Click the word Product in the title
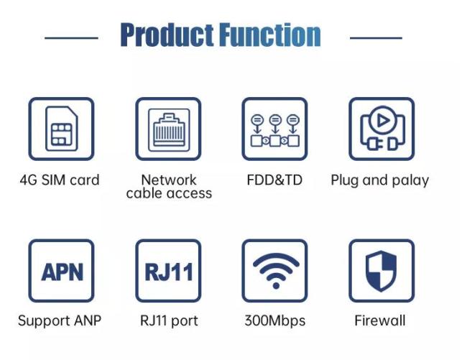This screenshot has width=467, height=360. pyautogui.click(x=167, y=35)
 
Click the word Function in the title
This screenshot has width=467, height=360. pyautogui.click(x=270, y=35)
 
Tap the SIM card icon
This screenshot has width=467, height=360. pyautogui.click(x=61, y=129)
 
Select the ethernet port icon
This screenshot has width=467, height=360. pyautogui.click(x=169, y=130)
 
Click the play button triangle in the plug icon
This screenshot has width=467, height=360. pyautogui.click(x=383, y=121)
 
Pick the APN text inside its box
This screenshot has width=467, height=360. pyautogui.click(x=62, y=272)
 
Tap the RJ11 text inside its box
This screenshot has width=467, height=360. pyautogui.click(x=169, y=272)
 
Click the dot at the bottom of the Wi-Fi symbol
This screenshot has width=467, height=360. pyautogui.click(x=276, y=286)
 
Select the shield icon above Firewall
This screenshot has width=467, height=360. pyautogui.click(x=382, y=271)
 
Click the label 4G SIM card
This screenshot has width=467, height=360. pyautogui.click(x=60, y=180)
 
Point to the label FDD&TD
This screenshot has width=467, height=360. pyautogui.click(x=274, y=180)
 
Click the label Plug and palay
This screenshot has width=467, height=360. pyautogui.click(x=380, y=180)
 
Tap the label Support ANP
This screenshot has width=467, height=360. pyautogui.click(x=60, y=321)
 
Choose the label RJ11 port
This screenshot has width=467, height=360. pyautogui.click(x=169, y=321)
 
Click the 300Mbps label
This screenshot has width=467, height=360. pyautogui.click(x=275, y=321)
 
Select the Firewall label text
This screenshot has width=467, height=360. pyautogui.click(x=380, y=320)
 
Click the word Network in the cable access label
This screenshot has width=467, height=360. pyautogui.click(x=169, y=180)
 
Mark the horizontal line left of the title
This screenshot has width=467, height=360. pyautogui.click(x=71, y=38)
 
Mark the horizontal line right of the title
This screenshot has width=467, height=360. pyautogui.click(x=376, y=38)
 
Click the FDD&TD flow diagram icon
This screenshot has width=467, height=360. pyautogui.click(x=275, y=131)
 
